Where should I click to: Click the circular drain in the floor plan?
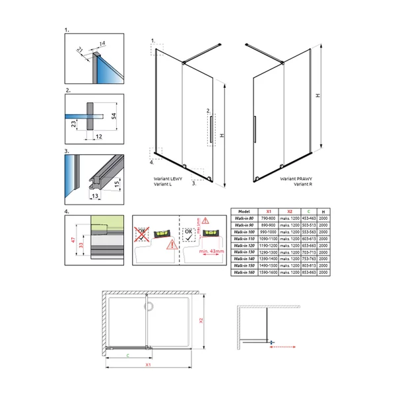[x=149, y=306]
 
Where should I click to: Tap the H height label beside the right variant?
[x=318, y=96]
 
